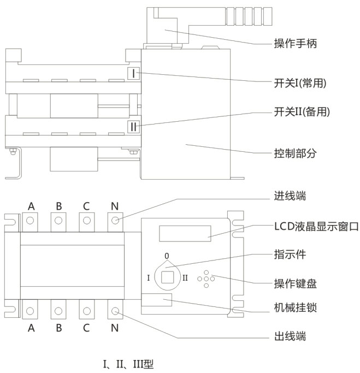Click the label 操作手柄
tap(294, 43)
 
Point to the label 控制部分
tap(294, 153)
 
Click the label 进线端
tap(289, 196)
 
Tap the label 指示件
tap(289, 254)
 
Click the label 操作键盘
tap(294, 283)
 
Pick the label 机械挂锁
tap(294, 307)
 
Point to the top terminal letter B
tap(59, 206)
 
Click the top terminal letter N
tap(115, 206)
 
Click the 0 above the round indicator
tap(167, 256)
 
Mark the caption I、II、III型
tap(128, 362)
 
